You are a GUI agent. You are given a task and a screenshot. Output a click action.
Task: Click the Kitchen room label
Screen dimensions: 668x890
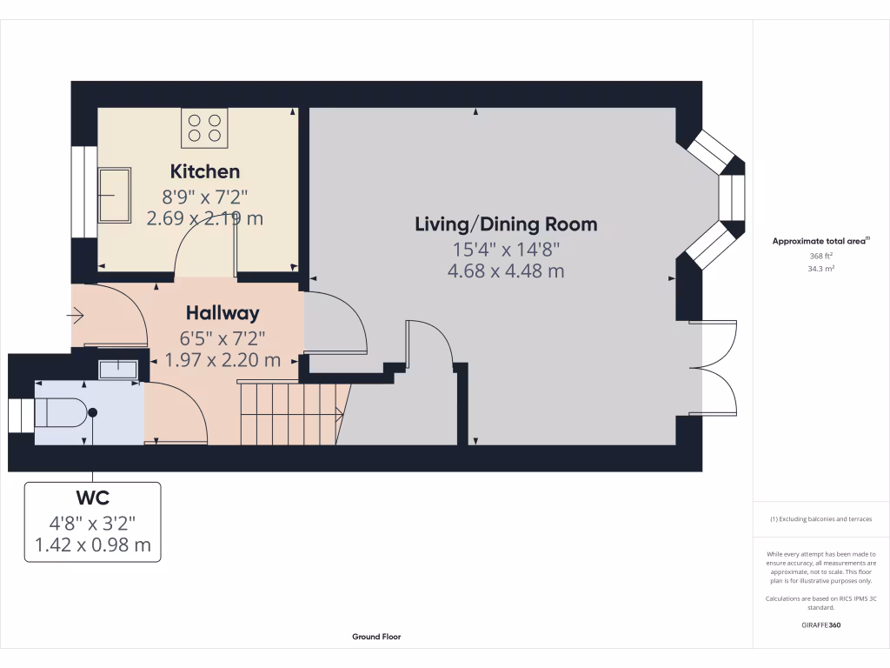point(205,171)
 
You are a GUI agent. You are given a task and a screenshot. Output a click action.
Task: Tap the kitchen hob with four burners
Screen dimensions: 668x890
point(204,128)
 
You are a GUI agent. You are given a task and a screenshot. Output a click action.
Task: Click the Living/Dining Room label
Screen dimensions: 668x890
point(506,224)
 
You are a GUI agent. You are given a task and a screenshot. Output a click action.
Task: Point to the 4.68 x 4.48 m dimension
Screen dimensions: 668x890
point(506,271)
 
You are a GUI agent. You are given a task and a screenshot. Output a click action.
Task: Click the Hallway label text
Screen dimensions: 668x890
point(222,313)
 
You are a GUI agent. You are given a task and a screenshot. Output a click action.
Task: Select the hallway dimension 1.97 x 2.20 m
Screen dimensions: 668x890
point(222,359)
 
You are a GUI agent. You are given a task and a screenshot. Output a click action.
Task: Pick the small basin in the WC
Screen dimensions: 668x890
point(119,369)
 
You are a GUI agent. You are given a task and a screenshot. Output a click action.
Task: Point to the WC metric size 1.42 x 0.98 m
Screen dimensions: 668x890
point(92,545)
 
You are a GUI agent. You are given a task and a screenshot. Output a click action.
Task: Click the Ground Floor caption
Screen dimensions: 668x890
point(376,637)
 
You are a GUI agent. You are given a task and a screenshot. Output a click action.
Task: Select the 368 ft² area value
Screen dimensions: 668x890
point(821,257)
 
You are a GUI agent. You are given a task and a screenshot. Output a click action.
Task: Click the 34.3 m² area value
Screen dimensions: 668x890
point(821,269)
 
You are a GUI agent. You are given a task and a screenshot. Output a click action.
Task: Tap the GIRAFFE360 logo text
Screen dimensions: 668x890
point(821,625)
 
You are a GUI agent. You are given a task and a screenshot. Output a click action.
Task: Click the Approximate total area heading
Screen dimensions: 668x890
point(820,241)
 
